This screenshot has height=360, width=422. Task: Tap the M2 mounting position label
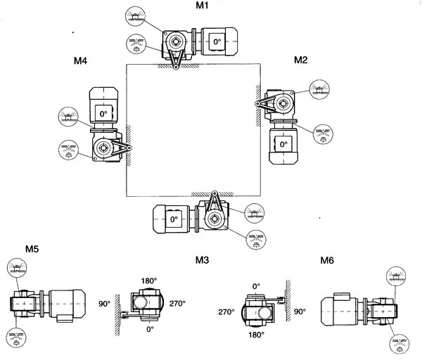click(x=301, y=60)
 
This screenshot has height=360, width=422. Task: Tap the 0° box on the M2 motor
click(x=283, y=143)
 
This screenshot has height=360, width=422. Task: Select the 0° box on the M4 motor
click(x=103, y=113)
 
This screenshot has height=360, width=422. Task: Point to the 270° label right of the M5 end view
click(x=177, y=304)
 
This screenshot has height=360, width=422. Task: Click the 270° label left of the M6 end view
click(x=226, y=311)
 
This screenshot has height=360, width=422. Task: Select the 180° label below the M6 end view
click(x=257, y=335)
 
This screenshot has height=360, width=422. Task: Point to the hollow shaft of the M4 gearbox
click(x=104, y=147)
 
